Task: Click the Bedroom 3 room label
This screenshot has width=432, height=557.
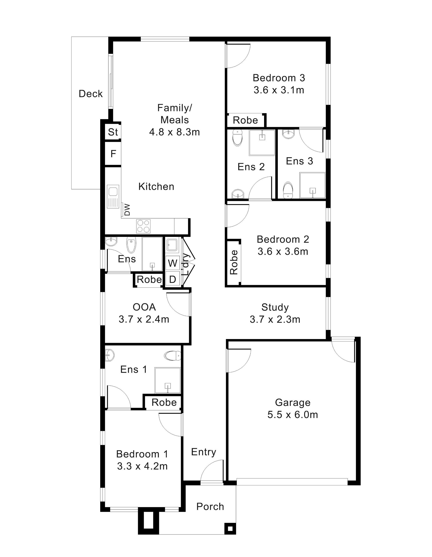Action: click(279, 78)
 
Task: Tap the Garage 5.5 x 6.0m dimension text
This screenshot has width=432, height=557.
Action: click(293, 415)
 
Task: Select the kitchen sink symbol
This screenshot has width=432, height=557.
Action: click(113, 196)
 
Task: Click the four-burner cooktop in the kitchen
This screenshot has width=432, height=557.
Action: click(143, 226)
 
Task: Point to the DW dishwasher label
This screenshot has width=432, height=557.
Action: click(127, 209)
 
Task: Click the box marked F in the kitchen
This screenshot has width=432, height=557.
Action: click(113, 154)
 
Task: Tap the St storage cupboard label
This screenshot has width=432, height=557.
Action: click(113, 132)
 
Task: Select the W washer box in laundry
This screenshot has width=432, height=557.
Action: click(173, 263)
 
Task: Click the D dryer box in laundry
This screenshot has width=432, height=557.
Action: click(173, 279)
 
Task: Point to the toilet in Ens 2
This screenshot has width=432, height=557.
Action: click(238, 138)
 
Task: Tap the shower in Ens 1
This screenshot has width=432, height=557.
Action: click(167, 380)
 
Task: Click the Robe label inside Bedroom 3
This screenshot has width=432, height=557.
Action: click(245, 120)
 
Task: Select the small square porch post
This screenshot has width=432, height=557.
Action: click(230, 529)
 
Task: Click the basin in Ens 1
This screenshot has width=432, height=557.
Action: click(109, 355)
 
